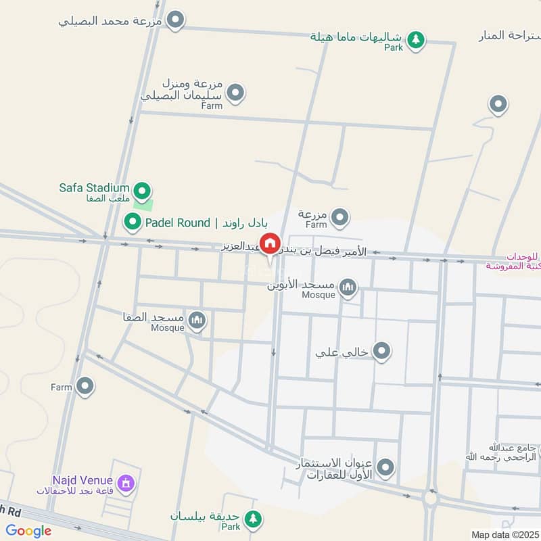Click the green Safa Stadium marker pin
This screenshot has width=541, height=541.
click(x=141, y=190)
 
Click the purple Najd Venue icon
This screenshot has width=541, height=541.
click(x=125, y=483)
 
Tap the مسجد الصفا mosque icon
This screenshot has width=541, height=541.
click(x=197, y=321)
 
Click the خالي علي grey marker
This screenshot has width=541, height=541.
click(x=382, y=351)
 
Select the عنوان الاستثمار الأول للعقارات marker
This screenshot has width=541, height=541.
click(x=385, y=467)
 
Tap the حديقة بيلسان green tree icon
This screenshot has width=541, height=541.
click(x=253, y=519)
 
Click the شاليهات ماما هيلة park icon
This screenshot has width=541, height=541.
click(x=417, y=40)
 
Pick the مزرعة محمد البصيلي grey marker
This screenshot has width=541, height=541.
click(x=176, y=20)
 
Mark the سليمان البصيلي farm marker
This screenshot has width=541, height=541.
click(x=235, y=93)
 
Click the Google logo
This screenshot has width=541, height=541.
click(x=28, y=531)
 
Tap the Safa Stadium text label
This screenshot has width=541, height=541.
click(x=94, y=187)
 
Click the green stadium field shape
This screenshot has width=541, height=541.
click(x=143, y=202)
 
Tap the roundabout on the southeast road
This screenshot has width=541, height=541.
click(x=430, y=500)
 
